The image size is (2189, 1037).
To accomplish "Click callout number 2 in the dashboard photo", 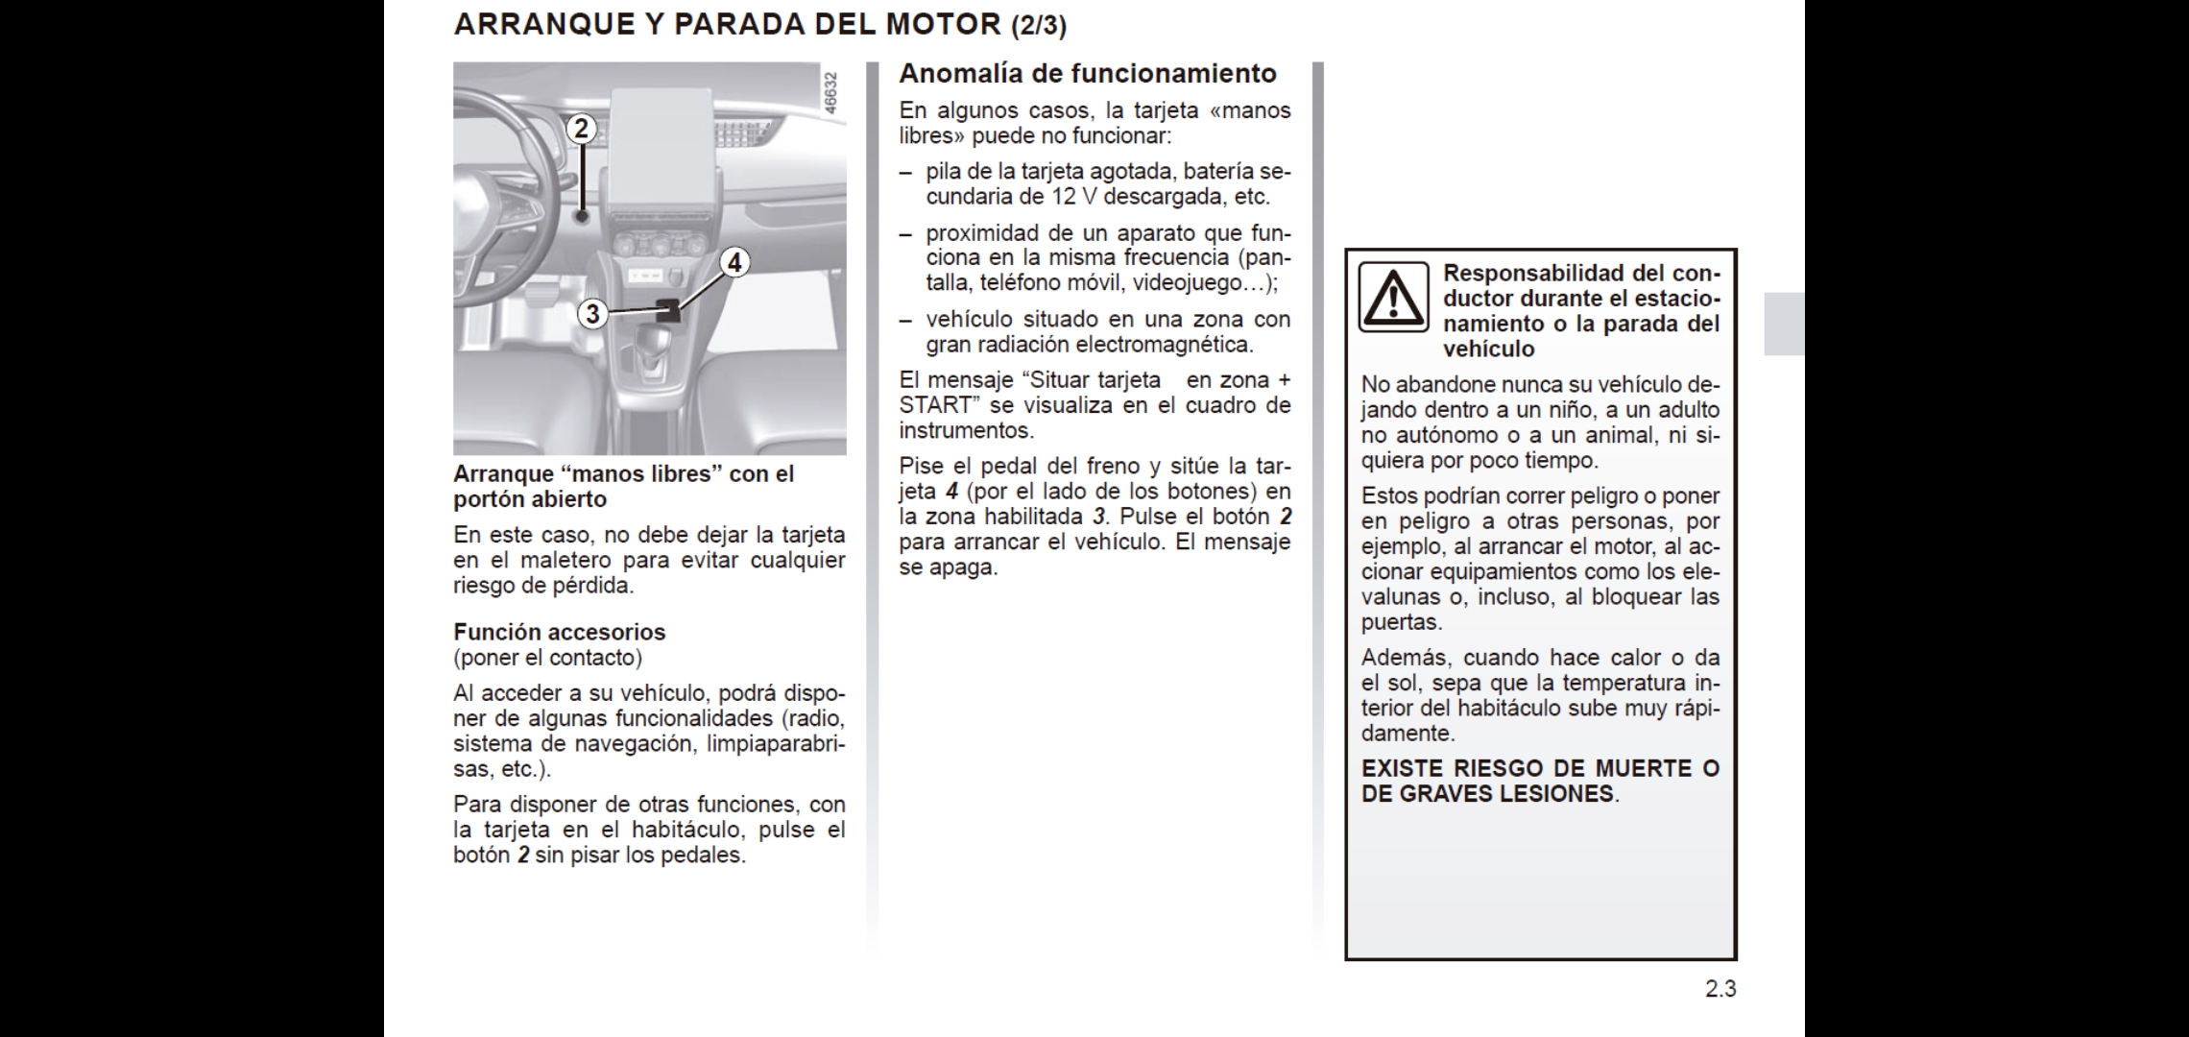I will pos(581,129).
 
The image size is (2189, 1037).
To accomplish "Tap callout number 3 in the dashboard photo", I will pos(592,314).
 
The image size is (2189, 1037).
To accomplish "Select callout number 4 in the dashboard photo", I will pos(734,262).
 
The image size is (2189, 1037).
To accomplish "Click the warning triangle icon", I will pos(1392,298).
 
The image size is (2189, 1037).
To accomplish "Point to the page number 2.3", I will pos(1720,989).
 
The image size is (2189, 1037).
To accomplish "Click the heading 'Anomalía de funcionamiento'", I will pos(1088,74).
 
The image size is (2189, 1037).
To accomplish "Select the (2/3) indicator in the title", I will pos(1039,26).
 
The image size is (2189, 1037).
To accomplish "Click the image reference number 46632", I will pos(831,93).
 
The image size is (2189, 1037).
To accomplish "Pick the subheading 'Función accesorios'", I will pos(559,632).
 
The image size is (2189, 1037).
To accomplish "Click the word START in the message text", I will pos(935,405).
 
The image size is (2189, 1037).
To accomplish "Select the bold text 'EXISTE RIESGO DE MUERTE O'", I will pos(1540,768).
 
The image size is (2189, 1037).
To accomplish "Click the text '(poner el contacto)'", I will pos(547,658).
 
